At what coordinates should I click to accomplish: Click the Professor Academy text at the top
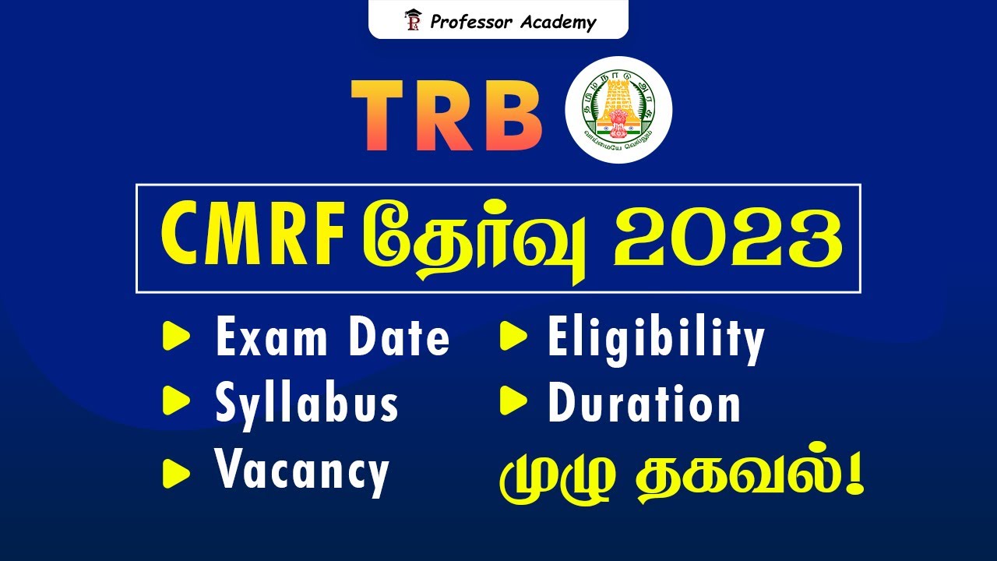[x=513, y=22]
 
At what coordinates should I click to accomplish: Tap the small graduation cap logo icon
[x=412, y=20]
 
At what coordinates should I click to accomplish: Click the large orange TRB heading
[x=447, y=115]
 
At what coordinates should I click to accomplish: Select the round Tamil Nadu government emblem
[x=618, y=110]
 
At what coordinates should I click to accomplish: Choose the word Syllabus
[x=306, y=404]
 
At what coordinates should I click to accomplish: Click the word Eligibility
[x=656, y=339]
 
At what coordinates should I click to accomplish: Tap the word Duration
[x=644, y=404]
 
